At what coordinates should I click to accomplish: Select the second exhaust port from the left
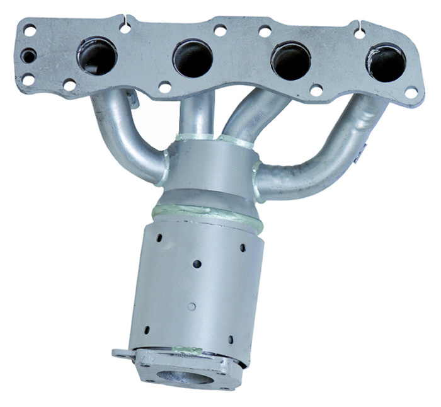pos(193,59)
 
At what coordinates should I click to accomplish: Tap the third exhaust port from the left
pos(290,61)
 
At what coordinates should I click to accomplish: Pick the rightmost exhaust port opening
pos(386,62)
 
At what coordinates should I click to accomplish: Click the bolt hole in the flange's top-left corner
pos(30,29)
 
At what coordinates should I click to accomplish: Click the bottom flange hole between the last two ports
pos(317,89)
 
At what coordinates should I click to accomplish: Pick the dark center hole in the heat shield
pos(197,264)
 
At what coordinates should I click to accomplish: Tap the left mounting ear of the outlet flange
pos(121,353)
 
